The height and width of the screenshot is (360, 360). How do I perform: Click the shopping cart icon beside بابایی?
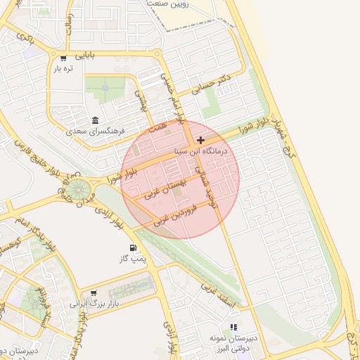pyautogui.click(x=63, y=58)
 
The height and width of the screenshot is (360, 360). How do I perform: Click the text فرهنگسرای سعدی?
pyautogui.click(x=96, y=131)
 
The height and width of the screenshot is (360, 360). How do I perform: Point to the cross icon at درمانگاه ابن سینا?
pyautogui.click(x=201, y=141)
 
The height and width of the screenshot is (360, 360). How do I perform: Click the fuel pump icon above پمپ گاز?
pyautogui.click(x=133, y=248)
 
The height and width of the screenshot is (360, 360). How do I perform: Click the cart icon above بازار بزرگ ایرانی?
pyautogui.click(x=94, y=293)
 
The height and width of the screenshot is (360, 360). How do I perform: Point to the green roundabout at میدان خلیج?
pyautogui.click(x=78, y=189)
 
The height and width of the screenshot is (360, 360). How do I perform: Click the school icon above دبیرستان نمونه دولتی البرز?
pyautogui.click(x=233, y=327)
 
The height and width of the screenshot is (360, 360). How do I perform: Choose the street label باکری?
pyautogui.click(x=27, y=38)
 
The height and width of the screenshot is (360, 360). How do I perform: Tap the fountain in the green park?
pyautogui.click(x=104, y=88)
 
